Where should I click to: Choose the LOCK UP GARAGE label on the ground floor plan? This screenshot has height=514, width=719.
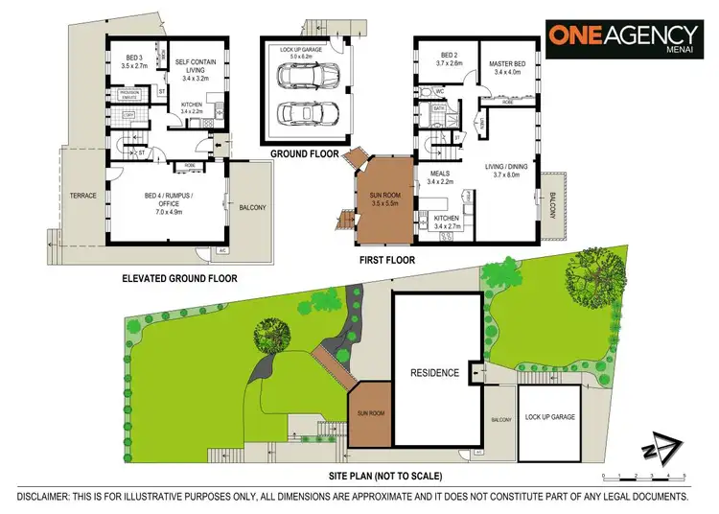coord(305,49)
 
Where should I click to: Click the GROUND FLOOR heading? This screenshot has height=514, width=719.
coord(300,153)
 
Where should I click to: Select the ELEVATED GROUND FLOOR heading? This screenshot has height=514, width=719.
coord(179,278)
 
